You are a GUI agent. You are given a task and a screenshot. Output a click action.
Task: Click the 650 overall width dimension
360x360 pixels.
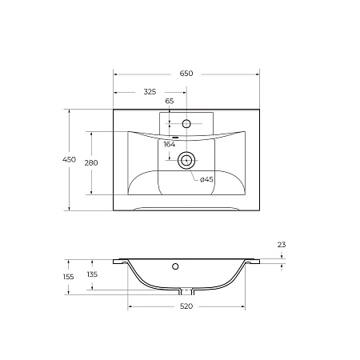click(186, 74)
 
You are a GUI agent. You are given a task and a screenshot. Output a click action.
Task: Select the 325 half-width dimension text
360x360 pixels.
click(150, 92)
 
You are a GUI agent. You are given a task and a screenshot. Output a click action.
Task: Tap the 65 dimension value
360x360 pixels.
click(170, 102)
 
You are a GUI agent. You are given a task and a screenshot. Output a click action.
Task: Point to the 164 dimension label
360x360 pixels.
click(169, 145)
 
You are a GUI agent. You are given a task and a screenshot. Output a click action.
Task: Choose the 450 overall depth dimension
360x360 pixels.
click(70, 160)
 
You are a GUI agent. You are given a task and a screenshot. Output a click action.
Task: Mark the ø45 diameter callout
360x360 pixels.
click(206, 179)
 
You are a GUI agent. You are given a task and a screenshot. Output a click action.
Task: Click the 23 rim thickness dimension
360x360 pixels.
click(281, 245)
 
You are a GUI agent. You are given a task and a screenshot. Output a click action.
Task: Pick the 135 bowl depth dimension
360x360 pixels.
click(93, 274)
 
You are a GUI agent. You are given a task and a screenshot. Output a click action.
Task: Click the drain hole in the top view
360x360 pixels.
click(186, 159)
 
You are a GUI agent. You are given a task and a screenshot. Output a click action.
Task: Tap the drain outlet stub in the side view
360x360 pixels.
click(186, 290)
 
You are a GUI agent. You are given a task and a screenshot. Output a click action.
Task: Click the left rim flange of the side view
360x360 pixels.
click(121, 261)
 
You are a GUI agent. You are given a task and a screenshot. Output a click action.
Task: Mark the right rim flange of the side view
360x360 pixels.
click(252, 261)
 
